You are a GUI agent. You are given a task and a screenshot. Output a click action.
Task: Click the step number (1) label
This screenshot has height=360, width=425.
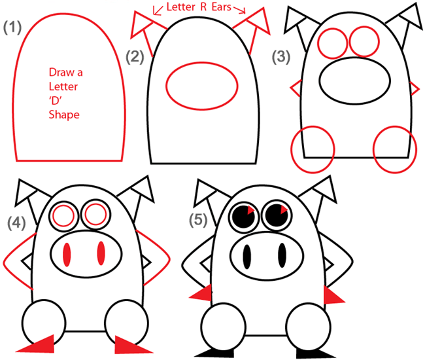pyautogui.click(x=12, y=27)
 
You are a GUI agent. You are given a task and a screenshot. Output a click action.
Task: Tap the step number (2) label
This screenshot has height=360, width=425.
pyautogui.click(x=135, y=57)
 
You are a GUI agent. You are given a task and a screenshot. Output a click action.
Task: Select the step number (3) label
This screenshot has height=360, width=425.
pyautogui.click(x=281, y=57)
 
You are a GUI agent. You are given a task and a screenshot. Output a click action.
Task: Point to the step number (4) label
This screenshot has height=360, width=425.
pyautogui.click(x=16, y=223)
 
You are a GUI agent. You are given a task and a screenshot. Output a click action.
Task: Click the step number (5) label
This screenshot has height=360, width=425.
pyautogui.click(x=198, y=219)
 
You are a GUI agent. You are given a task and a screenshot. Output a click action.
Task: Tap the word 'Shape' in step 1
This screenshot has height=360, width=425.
pyautogui.click(x=64, y=115)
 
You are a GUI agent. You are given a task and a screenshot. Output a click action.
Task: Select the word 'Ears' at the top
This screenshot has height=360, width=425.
pyautogui.click(x=221, y=7)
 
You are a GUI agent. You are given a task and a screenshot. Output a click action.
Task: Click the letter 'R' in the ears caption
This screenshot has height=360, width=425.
pyautogui.click(x=203, y=7)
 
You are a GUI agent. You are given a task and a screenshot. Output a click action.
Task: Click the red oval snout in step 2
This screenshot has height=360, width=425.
pyautogui.click(x=202, y=86)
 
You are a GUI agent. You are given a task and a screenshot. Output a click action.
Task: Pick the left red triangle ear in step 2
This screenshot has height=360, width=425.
pyautogui.click(x=141, y=24)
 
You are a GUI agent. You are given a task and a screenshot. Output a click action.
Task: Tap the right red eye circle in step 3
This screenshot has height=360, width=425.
pyautogui.click(x=364, y=41)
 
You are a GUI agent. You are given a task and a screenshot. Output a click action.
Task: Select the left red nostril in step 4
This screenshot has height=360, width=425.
pyautogui.click(x=67, y=255)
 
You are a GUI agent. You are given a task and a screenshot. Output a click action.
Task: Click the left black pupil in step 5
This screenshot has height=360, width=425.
pyautogui.click(x=243, y=217)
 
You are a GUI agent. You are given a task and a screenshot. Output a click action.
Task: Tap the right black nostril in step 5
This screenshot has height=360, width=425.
pyautogui.click(x=282, y=255)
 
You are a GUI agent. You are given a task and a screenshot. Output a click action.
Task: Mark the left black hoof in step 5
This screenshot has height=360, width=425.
pyautogui.click(x=214, y=353)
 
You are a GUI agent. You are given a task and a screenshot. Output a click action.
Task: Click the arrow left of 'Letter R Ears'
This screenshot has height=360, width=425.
pyautogui.click(x=158, y=10)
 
